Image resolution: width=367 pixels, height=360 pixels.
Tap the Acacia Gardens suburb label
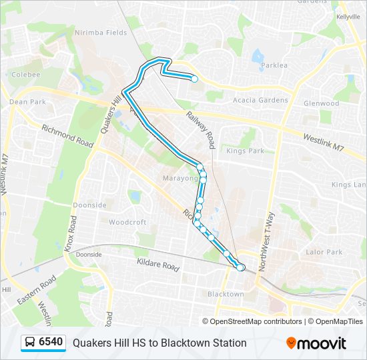click(x=260, y=100)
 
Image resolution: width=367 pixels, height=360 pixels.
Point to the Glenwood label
click(x=321, y=103)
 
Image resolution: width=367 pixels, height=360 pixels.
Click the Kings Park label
click(x=246, y=151)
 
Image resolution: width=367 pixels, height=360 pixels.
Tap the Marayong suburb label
click(x=179, y=178)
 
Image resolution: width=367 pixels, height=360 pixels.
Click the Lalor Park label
click(x=324, y=252)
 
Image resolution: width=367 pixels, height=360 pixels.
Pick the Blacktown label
click(x=226, y=294)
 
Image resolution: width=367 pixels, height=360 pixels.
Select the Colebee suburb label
click(x=26, y=75)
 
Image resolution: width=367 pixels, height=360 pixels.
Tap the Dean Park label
click(x=27, y=102)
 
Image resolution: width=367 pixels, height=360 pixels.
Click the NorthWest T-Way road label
click(x=268, y=239)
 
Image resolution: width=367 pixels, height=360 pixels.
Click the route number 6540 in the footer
click(x=51, y=343)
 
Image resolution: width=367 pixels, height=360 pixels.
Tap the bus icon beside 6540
click(x=31, y=343)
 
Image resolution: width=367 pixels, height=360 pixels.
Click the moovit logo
click(x=316, y=343)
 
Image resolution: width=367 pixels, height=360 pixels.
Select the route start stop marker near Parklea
click(x=194, y=79)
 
